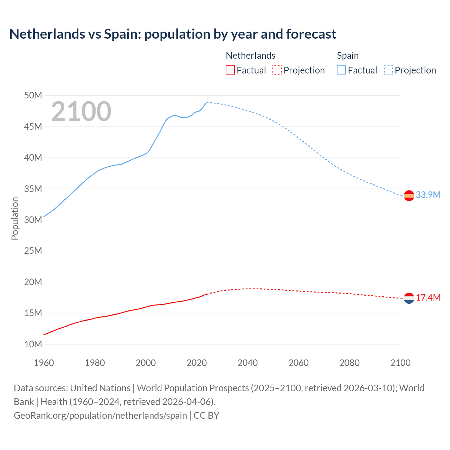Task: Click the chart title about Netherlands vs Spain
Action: (173, 34)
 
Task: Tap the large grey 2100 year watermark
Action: (81, 111)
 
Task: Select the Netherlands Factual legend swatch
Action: (230, 70)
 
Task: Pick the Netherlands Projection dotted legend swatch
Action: (277, 70)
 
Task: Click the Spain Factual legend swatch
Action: (341, 70)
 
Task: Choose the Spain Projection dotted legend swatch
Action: (388, 70)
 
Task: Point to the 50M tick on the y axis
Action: (33, 96)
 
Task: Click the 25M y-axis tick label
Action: (33, 251)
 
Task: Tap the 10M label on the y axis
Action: (33, 344)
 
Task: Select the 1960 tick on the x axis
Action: (44, 363)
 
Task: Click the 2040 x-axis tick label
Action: (247, 363)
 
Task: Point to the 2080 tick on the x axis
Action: (349, 363)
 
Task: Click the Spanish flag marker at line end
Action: (409, 195)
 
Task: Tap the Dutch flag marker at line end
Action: (409, 298)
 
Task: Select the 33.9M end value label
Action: (428, 195)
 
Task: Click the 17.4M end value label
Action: (428, 298)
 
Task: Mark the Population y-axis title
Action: (15, 218)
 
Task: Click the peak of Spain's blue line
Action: (207, 103)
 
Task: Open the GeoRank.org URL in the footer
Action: (100, 416)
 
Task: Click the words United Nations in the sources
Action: (100, 388)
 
